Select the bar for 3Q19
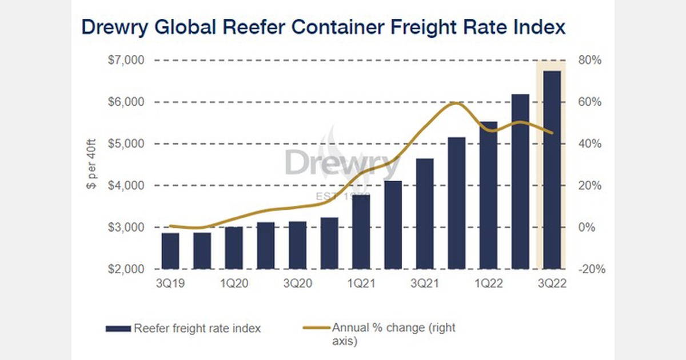pyautogui.click(x=170, y=251)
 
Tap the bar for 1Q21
pyautogui.click(x=361, y=231)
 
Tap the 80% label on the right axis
pyautogui.click(x=589, y=60)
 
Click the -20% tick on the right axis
pyautogui.click(x=589, y=269)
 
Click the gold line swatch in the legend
pyautogui.click(x=316, y=328)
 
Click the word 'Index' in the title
pyautogui.click(x=540, y=27)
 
